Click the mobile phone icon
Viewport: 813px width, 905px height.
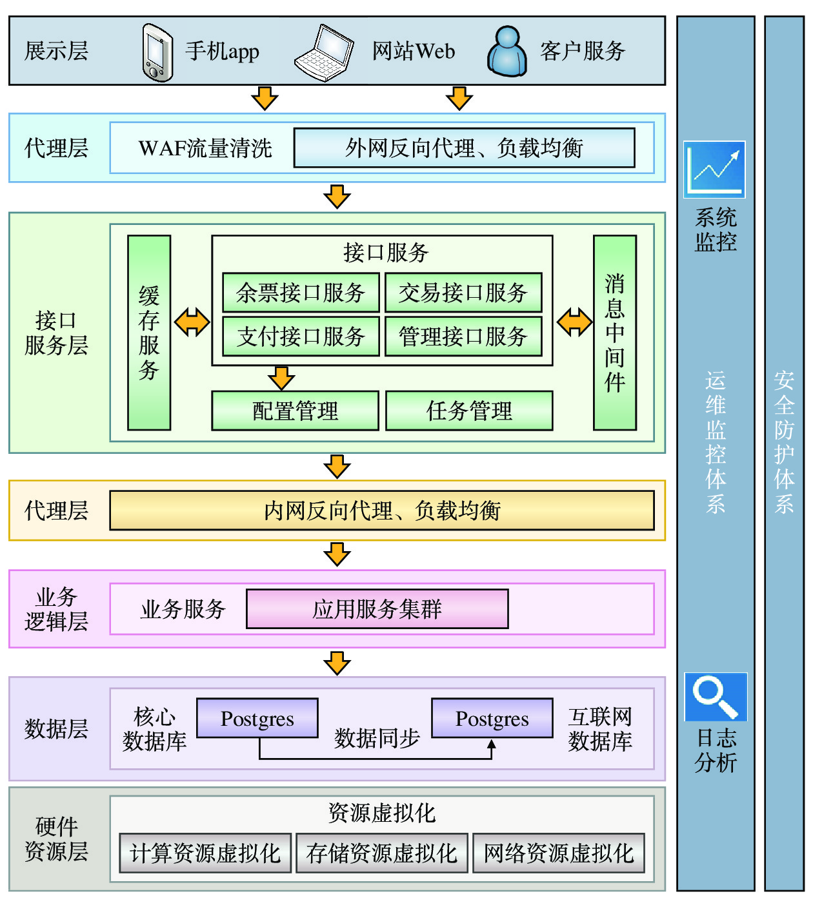[157, 52]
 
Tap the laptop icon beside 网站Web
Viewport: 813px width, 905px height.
[325, 53]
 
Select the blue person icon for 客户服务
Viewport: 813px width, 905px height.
[508, 52]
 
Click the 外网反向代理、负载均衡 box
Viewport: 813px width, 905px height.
[464, 148]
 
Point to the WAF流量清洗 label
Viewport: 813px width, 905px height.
[205, 148]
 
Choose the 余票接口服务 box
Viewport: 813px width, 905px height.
[300, 293]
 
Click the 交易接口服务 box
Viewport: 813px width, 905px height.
[463, 293]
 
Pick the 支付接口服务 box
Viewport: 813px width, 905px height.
[300, 336]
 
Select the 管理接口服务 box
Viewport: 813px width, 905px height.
[463, 336]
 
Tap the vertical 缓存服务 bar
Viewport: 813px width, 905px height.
[149, 333]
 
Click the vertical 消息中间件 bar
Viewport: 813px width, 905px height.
[614, 333]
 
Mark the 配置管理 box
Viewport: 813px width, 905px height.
[295, 411]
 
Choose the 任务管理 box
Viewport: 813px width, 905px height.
[469, 411]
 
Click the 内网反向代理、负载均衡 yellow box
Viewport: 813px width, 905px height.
[382, 511]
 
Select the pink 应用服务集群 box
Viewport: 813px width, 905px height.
[377, 608]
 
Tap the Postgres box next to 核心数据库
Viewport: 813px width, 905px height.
[257, 718]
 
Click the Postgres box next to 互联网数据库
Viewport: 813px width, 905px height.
[492, 718]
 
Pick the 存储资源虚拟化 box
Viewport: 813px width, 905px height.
[382, 853]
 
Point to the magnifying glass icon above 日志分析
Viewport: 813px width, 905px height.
[716, 697]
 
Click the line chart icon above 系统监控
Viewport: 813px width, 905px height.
[714, 170]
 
